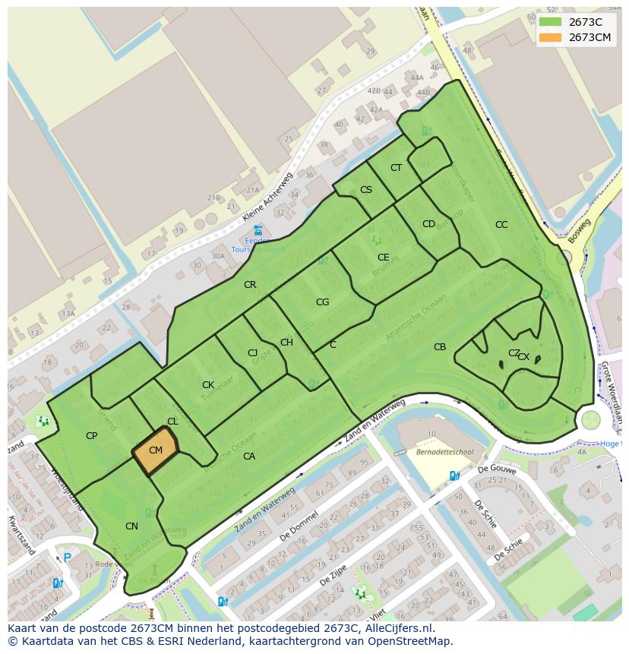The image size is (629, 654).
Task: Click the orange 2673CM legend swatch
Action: [550, 37]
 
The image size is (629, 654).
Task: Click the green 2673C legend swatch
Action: [550, 21]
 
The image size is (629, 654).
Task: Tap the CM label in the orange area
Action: [156, 450]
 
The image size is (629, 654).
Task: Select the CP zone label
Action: [91, 436]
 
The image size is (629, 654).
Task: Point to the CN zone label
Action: [131, 526]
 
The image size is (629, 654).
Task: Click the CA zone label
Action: [248, 457]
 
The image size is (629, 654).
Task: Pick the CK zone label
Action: [207, 385]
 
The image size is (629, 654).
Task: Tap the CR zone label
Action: [250, 285]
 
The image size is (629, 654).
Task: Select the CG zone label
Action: [322, 302]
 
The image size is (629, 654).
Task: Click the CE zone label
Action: [383, 257]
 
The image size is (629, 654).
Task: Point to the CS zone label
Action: [366, 190]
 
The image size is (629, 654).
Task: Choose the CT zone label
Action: [396, 168]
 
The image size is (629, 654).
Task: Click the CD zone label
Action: [428, 224]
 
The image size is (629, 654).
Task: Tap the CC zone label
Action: [501, 225]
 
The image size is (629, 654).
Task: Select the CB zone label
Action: [440, 347]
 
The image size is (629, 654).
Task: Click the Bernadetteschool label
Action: [444, 451]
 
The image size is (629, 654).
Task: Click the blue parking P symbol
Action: [67, 558]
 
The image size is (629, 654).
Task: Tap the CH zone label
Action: [286, 343]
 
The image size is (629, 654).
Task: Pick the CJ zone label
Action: [253, 353]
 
